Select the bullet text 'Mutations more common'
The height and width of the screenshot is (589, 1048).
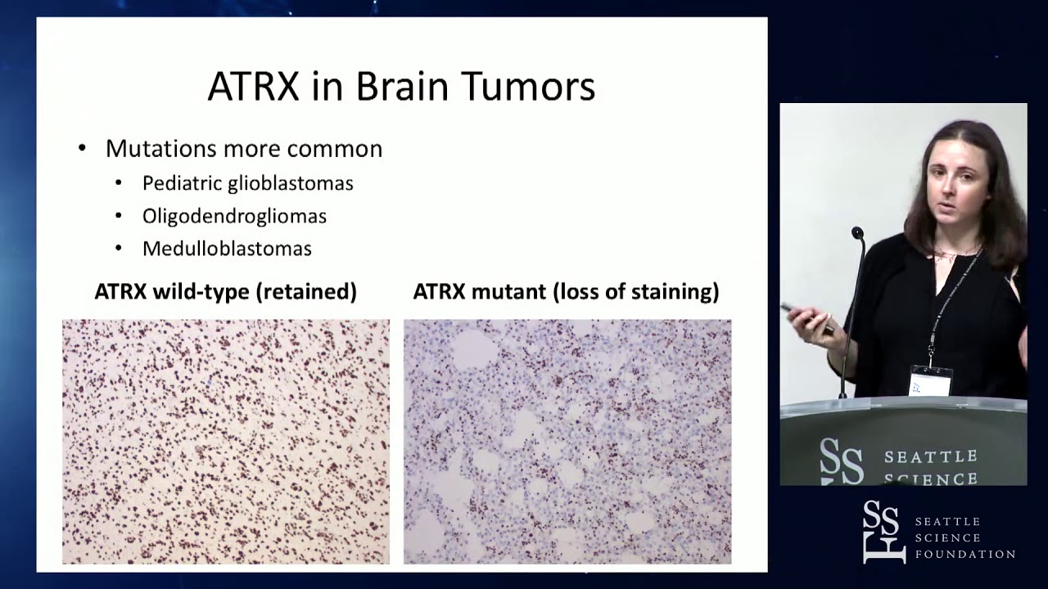243,149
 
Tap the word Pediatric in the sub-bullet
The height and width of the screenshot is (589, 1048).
178,183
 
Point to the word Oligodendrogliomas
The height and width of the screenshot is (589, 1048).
234,216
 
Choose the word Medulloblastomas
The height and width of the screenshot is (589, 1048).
227,249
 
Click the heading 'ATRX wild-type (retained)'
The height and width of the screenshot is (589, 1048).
225,292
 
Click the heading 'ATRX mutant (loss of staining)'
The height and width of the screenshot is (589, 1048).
566,292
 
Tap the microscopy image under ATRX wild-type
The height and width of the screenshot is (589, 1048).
226,441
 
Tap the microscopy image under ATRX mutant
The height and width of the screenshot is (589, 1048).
567,441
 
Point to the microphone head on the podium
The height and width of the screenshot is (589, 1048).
857,234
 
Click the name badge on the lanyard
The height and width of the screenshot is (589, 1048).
931,381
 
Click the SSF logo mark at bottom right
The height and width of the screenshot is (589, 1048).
883,532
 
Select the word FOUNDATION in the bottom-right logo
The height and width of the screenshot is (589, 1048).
964,555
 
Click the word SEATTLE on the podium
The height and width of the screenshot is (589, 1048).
931,456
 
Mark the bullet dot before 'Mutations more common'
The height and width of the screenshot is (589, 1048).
82,149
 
